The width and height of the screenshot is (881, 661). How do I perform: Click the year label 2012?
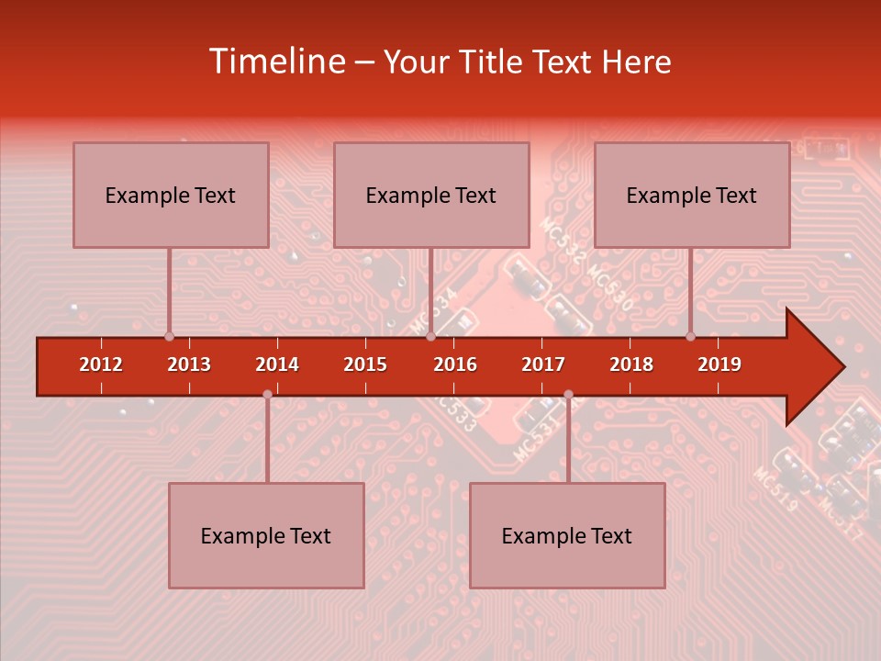click(101, 364)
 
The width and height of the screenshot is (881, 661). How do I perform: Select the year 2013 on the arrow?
click(189, 364)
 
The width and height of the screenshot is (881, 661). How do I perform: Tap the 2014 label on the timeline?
click(277, 364)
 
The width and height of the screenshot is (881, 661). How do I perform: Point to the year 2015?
click(365, 364)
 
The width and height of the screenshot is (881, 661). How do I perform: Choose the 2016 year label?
click(455, 364)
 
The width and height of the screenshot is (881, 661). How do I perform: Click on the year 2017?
click(543, 364)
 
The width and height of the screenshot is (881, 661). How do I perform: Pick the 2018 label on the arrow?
click(631, 364)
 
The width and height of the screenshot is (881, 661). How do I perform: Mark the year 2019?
click(719, 364)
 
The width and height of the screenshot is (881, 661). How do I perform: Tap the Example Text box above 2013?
click(171, 195)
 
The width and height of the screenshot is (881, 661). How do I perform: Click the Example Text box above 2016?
click(431, 195)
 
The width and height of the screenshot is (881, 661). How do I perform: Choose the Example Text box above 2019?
click(692, 195)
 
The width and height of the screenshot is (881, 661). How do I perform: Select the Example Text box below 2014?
click(266, 535)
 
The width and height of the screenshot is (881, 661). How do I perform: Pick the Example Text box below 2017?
click(567, 535)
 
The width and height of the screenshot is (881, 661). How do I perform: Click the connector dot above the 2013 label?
click(169, 336)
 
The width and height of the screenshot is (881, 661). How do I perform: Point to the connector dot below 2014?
click(267, 395)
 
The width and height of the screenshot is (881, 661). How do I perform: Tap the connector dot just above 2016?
click(430, 336)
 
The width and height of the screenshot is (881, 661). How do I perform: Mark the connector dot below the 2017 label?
click(568, 395)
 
